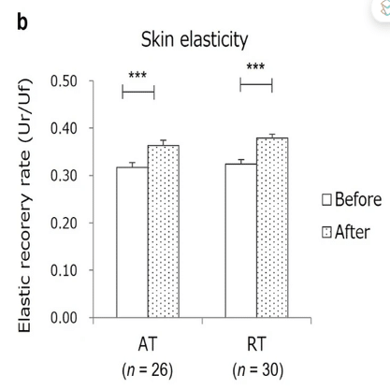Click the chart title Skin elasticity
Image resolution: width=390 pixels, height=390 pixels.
[195, 40]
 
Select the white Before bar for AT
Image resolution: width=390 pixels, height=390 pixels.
[132, 242]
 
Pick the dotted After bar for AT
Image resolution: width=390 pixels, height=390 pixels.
[164, 232]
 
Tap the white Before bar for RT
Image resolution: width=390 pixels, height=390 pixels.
[241, 240]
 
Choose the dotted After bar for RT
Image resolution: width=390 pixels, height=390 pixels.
[272, 228]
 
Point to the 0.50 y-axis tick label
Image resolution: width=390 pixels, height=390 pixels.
[64, 81]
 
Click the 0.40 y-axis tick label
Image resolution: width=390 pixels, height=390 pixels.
[64, 128]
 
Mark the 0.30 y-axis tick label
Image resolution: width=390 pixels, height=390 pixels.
[64, 176]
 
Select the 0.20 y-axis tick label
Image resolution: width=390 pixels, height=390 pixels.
[64, 224]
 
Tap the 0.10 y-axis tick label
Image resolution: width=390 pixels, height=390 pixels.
[64, 270]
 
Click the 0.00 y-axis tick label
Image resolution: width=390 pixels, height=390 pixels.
[64, 318]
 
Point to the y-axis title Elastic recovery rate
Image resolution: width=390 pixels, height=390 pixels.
[25, 206]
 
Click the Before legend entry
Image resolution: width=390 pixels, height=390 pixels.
[352, 199]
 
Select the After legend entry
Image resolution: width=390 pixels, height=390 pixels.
[346, 232]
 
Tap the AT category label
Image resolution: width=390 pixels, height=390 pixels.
[148, 344]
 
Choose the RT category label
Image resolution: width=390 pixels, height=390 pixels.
[256, 344]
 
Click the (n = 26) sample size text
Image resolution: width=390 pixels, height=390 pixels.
[148, 370]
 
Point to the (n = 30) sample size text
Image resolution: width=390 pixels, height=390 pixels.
[258, 370]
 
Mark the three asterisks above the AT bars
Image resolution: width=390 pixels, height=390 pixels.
[137, 75]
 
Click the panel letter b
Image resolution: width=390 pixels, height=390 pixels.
[22, 22]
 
